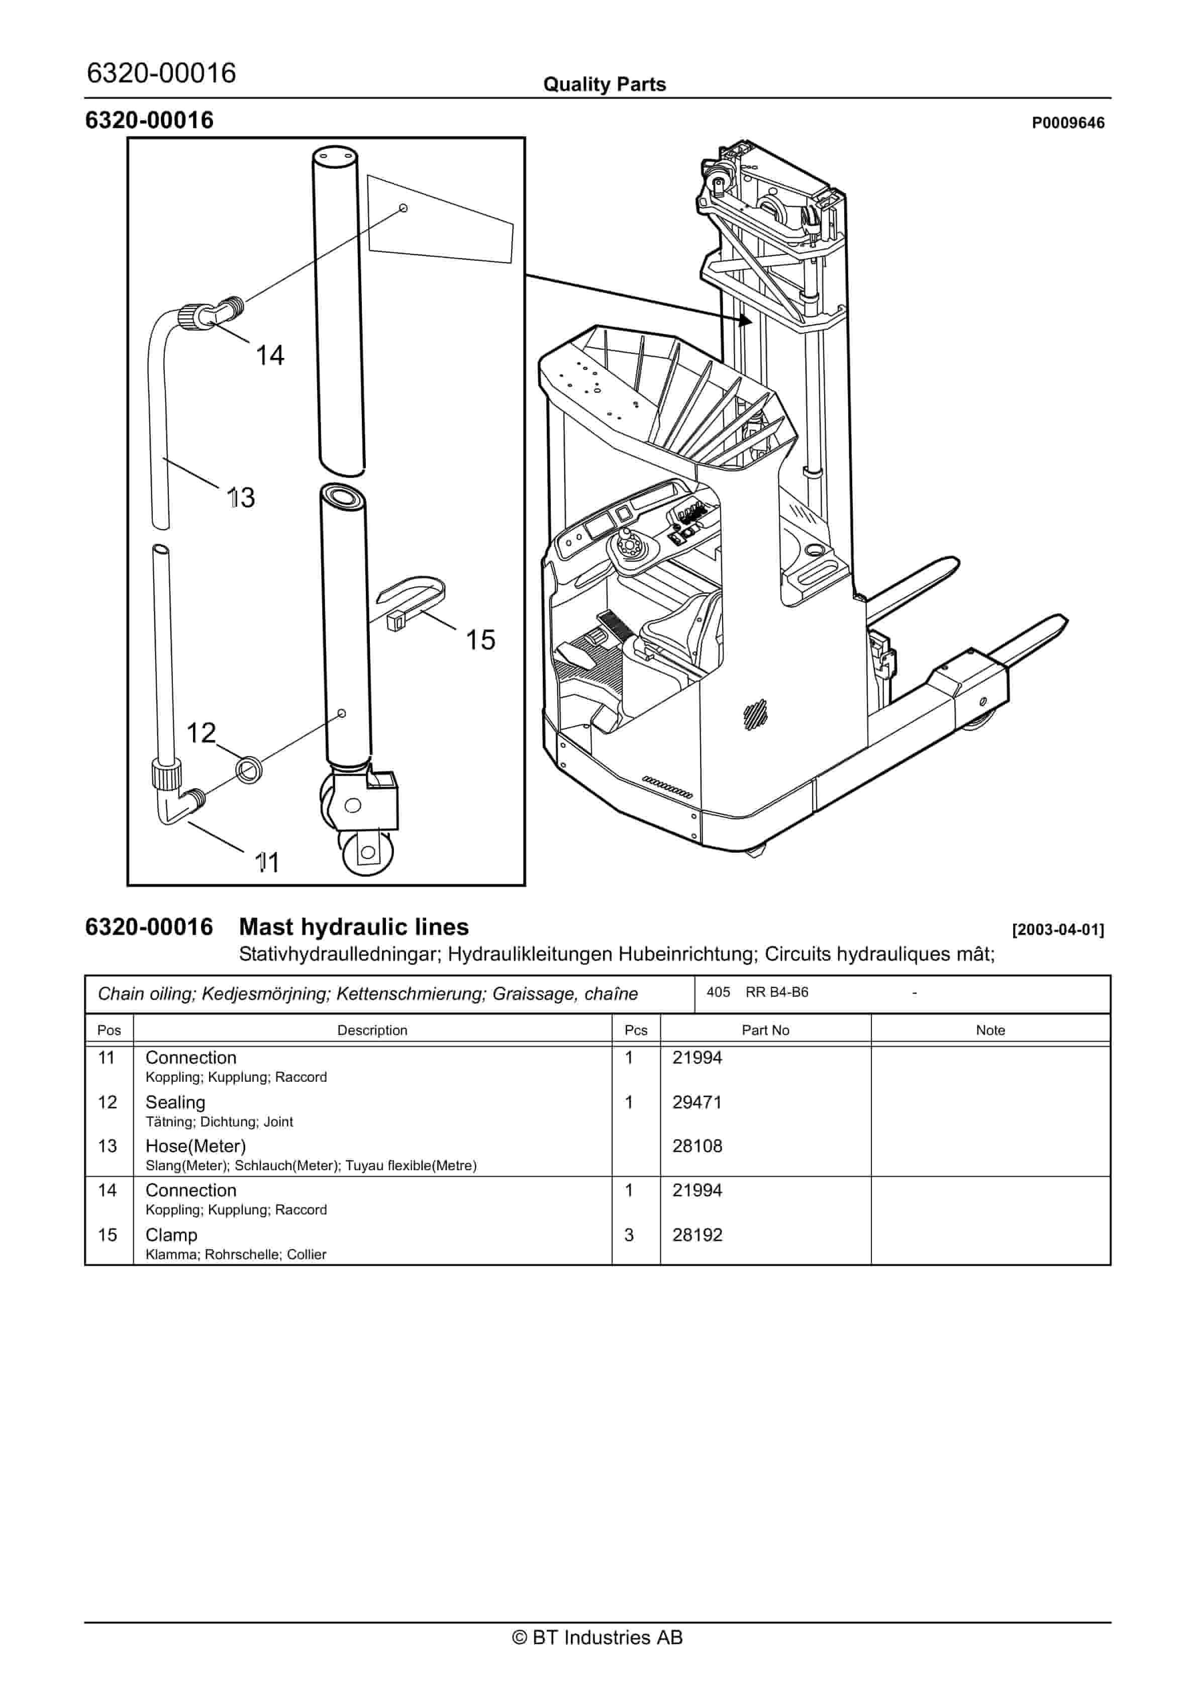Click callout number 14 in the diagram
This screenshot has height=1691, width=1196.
(x=269, y=356)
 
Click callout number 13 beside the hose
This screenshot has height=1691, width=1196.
(x=241, y=498)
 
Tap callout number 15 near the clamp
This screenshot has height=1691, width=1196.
(x=480, y=640)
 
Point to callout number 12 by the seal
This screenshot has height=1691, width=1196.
(x=201, y=733)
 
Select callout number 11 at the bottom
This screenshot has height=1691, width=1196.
(x=267, y=863)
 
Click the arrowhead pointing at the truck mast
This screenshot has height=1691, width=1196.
(x=745, y=320)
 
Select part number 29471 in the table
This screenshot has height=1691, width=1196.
(x=696, y=1102)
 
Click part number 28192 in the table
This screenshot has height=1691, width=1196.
(x=696, y=1235)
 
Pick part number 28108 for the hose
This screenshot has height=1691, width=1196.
(x=696, y=1146)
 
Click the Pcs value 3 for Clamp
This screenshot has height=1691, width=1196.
(x=629, y=1235)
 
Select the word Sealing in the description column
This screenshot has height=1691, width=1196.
(x=175, y=1102)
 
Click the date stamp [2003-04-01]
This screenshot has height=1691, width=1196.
(x=1057, y=930)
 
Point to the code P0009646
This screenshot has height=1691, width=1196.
(x=1067, y=123)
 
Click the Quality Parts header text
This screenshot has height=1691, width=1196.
(x=604, y=84)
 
